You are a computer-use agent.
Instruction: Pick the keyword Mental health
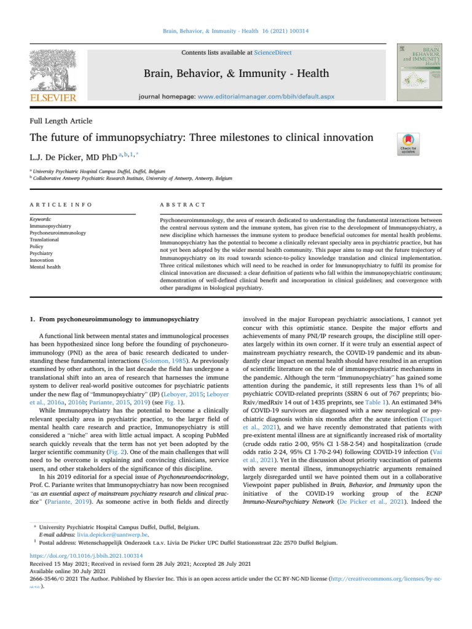[x=45, y=267]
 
